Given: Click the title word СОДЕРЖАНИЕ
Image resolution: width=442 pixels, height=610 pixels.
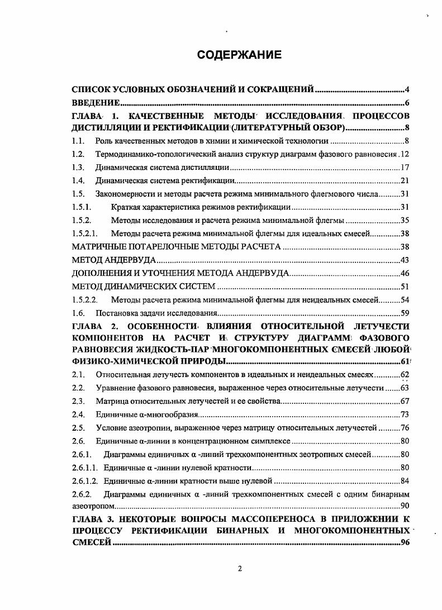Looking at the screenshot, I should [239, 55].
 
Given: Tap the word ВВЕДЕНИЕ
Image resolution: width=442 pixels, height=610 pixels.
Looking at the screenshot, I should [96, 103].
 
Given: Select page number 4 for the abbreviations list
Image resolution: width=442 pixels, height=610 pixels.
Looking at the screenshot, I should [408, 89].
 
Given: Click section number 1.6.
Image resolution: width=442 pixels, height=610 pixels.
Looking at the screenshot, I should [78, 313].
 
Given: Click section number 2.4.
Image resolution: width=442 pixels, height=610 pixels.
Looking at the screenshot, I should [78, 414].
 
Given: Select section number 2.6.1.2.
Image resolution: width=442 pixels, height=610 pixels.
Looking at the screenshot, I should [85, 481].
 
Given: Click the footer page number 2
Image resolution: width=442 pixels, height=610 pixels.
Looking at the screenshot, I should [239, 569].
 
